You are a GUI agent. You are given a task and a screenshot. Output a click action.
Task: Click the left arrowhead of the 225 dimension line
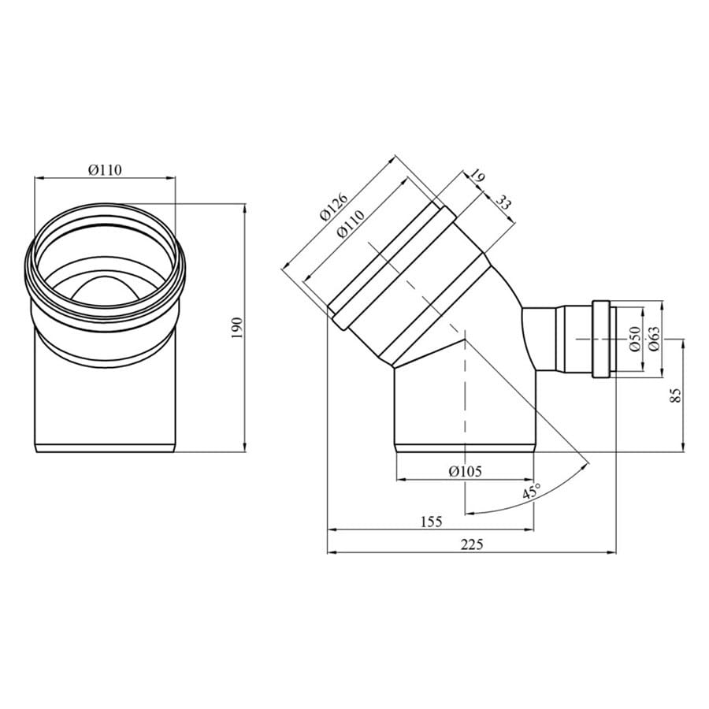(329, 552)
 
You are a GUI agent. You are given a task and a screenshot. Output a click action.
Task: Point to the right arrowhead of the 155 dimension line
(532, 529)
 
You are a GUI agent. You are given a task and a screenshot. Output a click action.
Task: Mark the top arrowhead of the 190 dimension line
(245, 207)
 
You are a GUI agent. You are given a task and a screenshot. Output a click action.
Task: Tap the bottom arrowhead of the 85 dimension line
(684, 448)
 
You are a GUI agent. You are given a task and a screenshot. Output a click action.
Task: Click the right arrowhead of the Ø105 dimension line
(532, 479)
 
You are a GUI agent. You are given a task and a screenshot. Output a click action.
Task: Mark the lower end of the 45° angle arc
(466, 514)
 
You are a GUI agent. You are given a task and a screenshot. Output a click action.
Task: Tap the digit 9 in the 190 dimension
(238, 329)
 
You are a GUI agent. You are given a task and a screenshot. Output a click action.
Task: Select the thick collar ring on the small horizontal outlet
(601, 339)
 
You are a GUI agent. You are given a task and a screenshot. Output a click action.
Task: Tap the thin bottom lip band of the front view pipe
(106, 448)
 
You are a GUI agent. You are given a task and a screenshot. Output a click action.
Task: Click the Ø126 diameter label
(335, 207)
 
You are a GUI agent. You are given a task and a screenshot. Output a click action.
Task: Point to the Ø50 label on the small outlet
(635, 339)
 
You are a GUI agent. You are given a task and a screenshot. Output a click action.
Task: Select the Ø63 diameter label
(654, 339)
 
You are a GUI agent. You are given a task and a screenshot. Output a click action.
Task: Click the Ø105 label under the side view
(466, 471)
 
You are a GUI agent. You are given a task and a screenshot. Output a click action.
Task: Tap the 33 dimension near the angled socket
(503, 202)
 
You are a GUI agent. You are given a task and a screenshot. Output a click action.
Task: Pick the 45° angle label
(532, 492)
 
